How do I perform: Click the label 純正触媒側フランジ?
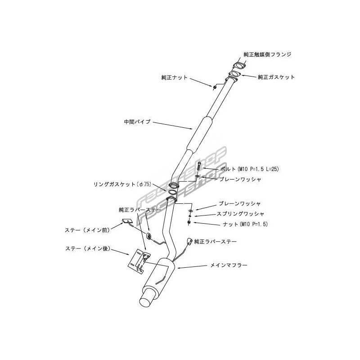(267, 54)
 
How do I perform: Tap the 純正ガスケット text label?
(276, 77)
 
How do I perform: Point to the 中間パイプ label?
(137, 121)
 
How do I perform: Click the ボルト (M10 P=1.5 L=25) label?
(250, 169)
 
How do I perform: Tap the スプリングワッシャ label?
(240, 214)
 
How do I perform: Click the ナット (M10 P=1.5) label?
(245, 224)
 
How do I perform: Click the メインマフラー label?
(229, 265)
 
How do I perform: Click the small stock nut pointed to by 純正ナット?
(215, 87)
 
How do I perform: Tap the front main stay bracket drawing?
(127, 221)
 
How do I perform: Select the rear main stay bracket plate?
(139, 261)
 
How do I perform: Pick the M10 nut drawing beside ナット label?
(189, 222)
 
